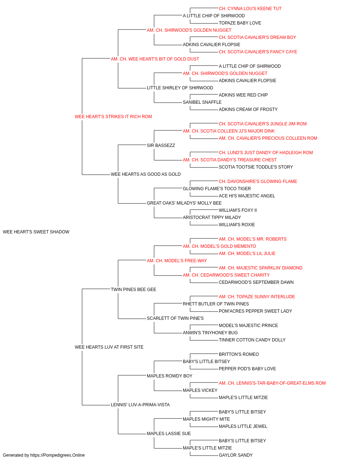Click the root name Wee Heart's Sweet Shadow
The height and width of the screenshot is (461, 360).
coord(36,232)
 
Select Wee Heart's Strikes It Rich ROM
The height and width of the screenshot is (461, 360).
coord(113,117)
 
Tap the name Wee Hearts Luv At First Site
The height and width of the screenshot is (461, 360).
coord(109,347)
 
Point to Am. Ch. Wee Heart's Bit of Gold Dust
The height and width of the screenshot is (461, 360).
coord(155,59)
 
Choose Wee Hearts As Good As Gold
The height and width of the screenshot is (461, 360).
coord(146,174)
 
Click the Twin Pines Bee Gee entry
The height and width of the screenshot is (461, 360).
coord(133,289)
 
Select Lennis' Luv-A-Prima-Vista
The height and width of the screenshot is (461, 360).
coord(140,405)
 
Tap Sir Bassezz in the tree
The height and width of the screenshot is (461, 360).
coord(161,145)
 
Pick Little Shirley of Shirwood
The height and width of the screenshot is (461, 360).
coord(180,88)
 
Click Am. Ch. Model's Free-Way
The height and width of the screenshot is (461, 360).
coord(177,261)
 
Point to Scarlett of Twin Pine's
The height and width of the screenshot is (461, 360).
coord(175,318)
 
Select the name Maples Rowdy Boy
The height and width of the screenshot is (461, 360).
coord(170,376)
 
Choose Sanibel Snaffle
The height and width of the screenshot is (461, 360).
coord(202,102)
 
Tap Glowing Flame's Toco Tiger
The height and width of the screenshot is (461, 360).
coord(217,189)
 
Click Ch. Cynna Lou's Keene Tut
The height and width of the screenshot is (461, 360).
coord(250,9)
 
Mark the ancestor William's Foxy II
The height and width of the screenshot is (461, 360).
coord(238,210)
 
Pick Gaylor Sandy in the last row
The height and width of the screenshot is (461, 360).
coord(235,455)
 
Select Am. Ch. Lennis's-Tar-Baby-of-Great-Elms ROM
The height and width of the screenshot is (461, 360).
coord(272,383)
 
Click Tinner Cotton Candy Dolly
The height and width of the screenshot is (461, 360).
coord(252,340)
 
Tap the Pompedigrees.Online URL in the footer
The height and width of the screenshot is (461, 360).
coord(58,455)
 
